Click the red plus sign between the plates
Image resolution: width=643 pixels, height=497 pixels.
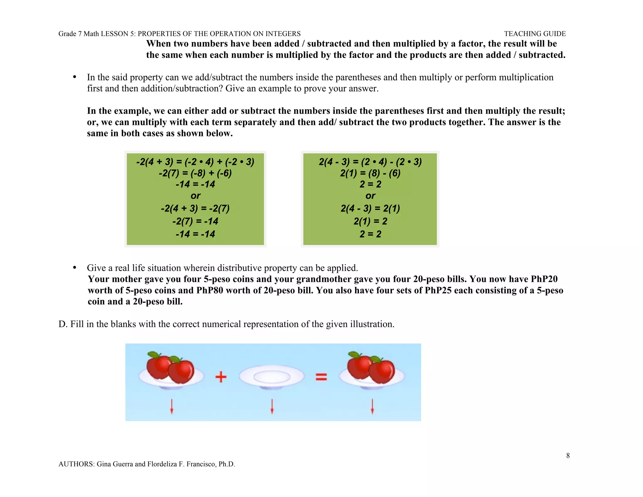[x=221, y=376]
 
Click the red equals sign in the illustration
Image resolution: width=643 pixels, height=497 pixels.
[x=321, y=377]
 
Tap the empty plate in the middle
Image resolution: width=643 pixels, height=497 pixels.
[x=272, y=377]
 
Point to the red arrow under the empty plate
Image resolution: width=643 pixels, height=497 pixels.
[x=272, y=406]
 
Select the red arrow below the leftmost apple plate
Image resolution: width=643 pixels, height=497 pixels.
[x=171, y=406]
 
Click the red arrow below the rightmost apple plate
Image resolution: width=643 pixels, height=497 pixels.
[x=372, y=406]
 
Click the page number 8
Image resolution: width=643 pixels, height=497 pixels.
[x=568, y=456]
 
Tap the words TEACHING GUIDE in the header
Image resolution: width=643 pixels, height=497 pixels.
[x=535, y=34]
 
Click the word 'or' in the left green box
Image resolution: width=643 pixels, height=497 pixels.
[x=195, y=196]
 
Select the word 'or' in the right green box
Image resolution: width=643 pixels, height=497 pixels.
[x=370, y=196]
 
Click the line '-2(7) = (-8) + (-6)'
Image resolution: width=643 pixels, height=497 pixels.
[x=195, y=173]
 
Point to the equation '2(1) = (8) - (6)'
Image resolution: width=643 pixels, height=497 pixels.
[x=370, y=173]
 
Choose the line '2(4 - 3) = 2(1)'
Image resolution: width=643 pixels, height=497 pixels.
[x=370, y=208]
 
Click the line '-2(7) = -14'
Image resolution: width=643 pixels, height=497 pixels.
[x=195, y=221]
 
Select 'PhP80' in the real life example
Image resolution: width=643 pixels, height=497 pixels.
[x=210, y=290]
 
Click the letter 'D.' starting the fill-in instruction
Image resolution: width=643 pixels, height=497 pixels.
[x=63, y=324]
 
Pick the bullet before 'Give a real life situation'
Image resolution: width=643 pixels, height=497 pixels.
[x=75, y=267]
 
